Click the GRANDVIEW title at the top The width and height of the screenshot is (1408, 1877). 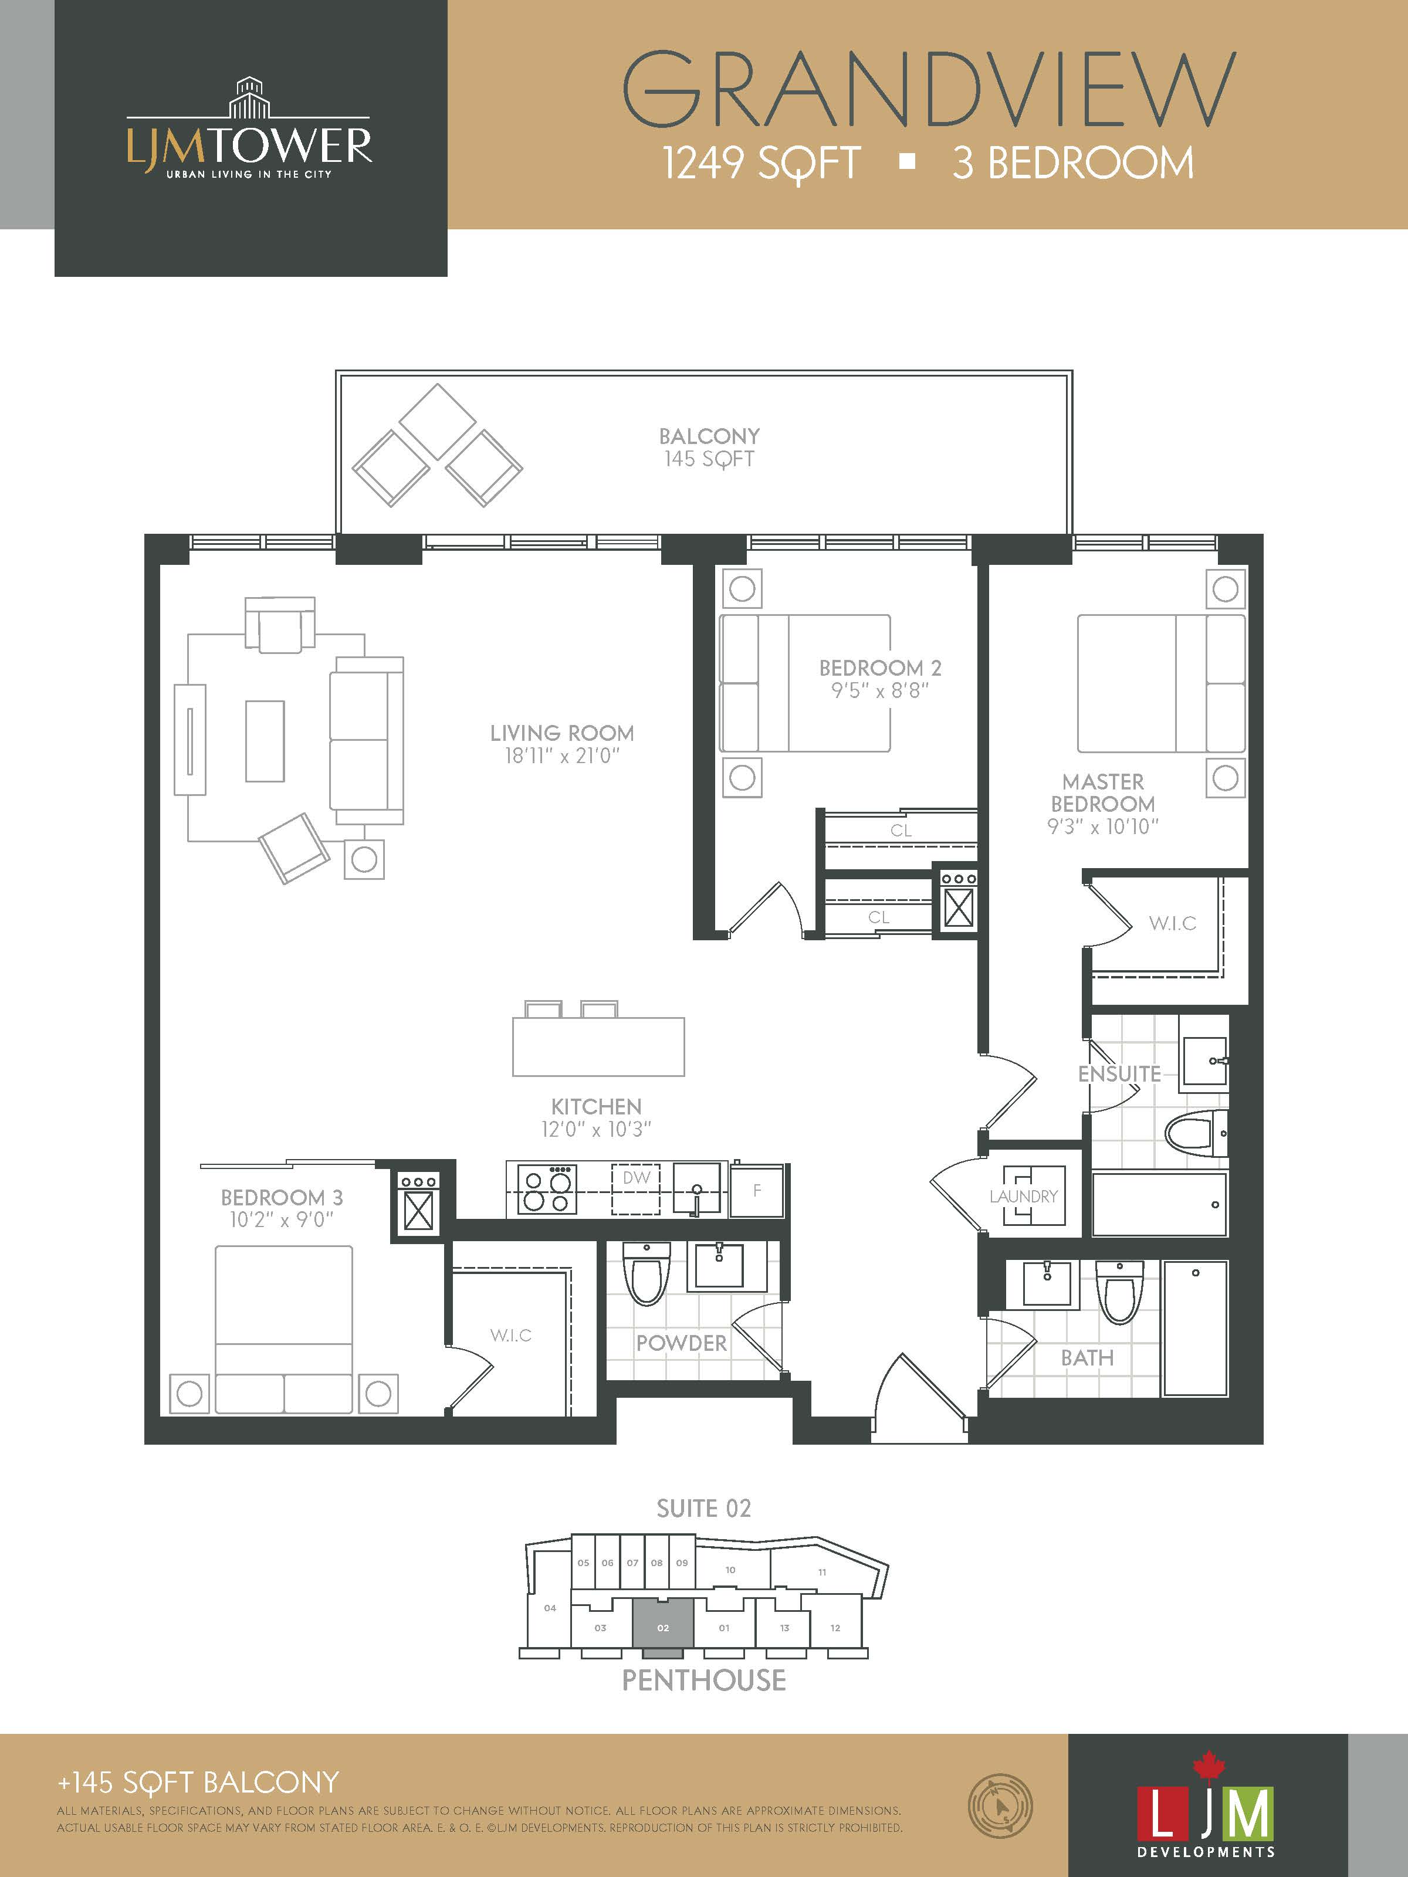[929, 89]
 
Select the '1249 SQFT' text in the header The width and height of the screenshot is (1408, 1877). [761, 163]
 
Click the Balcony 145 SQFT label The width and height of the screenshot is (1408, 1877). [709, 447]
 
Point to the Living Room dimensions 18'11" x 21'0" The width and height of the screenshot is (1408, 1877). [562, 755]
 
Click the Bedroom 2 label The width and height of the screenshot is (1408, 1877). [880, 668]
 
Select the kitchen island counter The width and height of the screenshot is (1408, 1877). [598, 1046]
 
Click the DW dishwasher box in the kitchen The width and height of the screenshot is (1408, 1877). [636, 1189]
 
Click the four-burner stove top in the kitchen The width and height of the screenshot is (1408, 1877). [547, 1190]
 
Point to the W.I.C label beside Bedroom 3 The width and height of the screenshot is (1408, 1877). [511, 1335]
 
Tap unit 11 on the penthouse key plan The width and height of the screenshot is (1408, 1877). [821, 1573]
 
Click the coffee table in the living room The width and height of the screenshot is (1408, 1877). [265, 741]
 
